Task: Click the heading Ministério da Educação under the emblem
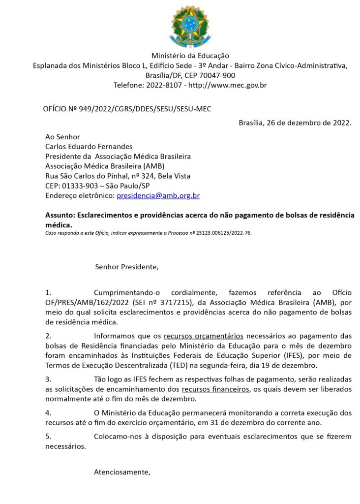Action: [190, 56]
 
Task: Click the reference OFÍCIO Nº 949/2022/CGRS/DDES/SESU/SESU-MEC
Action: [127, 109]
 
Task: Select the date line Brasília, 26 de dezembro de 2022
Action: [295, 123]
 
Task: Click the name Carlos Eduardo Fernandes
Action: [89, 146]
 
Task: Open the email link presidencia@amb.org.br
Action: [158, 195]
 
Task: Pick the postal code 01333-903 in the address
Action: [81, 186]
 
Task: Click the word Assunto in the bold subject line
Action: [60, 215]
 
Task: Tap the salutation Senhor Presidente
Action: [127, 267]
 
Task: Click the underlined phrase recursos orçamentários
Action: [203, 336]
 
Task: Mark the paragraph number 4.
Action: [48, 412]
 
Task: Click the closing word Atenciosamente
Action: [122, 472]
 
